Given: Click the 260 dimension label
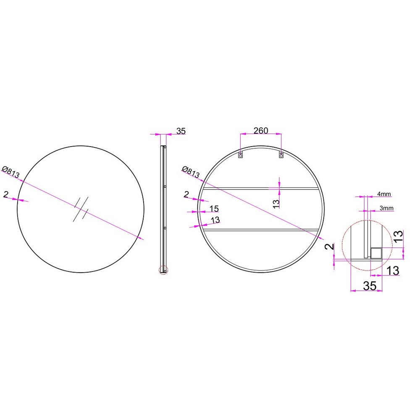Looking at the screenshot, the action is pos(261,131).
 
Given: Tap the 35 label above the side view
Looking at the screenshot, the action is pos(181,131).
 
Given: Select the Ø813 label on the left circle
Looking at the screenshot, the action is pos(11,172).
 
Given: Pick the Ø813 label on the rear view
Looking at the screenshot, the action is pos(191,172).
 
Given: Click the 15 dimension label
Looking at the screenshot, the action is pos(214,208).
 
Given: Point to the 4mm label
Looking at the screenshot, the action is pos(384,194).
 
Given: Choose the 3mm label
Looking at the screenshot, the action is pos(386,208).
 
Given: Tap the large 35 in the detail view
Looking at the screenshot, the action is pos(370,286).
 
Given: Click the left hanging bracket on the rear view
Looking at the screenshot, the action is pos(241,155).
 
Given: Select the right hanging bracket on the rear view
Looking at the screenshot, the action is pos(281,155).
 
